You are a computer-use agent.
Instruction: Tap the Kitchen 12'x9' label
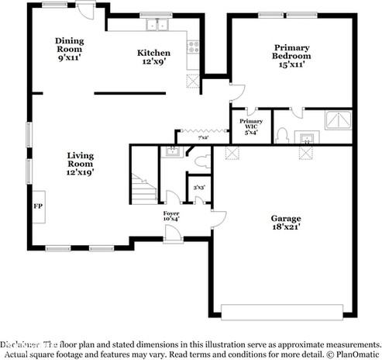[153, 57]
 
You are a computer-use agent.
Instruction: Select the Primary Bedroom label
[291, 56]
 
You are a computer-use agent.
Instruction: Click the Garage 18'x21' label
[285, 223]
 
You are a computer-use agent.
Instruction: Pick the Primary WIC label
[250, 126]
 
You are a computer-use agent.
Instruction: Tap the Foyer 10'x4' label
[171, 216]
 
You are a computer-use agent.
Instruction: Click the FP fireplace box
[36, 206]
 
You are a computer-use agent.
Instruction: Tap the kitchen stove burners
[193, 46]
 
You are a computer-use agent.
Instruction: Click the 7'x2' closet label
[203, 137]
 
